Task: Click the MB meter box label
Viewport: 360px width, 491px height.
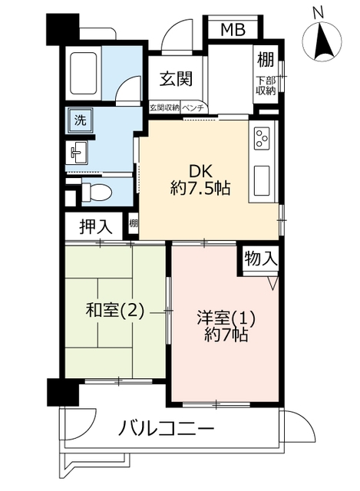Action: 233,30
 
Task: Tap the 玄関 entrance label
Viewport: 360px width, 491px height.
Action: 176,79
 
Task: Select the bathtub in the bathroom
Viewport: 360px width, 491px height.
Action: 83,73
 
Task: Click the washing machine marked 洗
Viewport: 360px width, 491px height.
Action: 80,120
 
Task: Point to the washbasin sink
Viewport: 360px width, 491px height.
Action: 77,152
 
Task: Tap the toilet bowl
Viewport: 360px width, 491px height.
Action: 96,190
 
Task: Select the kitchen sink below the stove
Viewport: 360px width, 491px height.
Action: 261,180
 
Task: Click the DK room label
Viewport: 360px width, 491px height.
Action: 200,171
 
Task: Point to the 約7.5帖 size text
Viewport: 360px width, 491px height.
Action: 200,189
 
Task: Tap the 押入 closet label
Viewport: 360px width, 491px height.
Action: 95,226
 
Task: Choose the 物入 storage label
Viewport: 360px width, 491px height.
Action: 261,259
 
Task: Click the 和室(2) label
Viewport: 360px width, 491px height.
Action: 115,311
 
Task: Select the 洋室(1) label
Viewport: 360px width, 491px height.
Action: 226,318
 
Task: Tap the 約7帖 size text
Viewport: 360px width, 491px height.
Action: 226,335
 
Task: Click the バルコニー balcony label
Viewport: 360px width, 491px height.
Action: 167,428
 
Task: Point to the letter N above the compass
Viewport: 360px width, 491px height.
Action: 319,13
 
